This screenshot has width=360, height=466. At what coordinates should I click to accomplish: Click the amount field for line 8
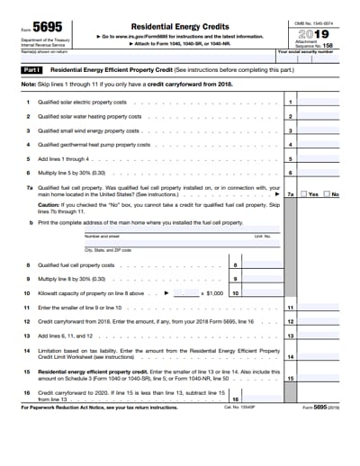[x=263, y=265]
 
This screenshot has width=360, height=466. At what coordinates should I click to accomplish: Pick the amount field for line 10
[x=263, y=293]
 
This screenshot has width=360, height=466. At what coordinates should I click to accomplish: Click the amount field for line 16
[x=263, y=399]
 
